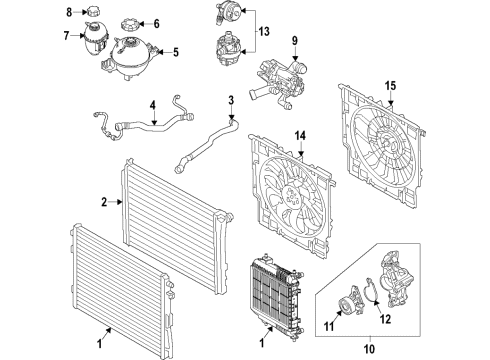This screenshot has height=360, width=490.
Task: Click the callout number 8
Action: [x=70, y=12]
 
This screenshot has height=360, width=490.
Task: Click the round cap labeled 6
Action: [x=131, y=22]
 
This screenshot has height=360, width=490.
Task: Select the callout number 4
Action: [x=153, y=103]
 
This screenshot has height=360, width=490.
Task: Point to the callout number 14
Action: [x=300, y=135]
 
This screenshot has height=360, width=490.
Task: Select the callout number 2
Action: [x=103, y=203]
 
